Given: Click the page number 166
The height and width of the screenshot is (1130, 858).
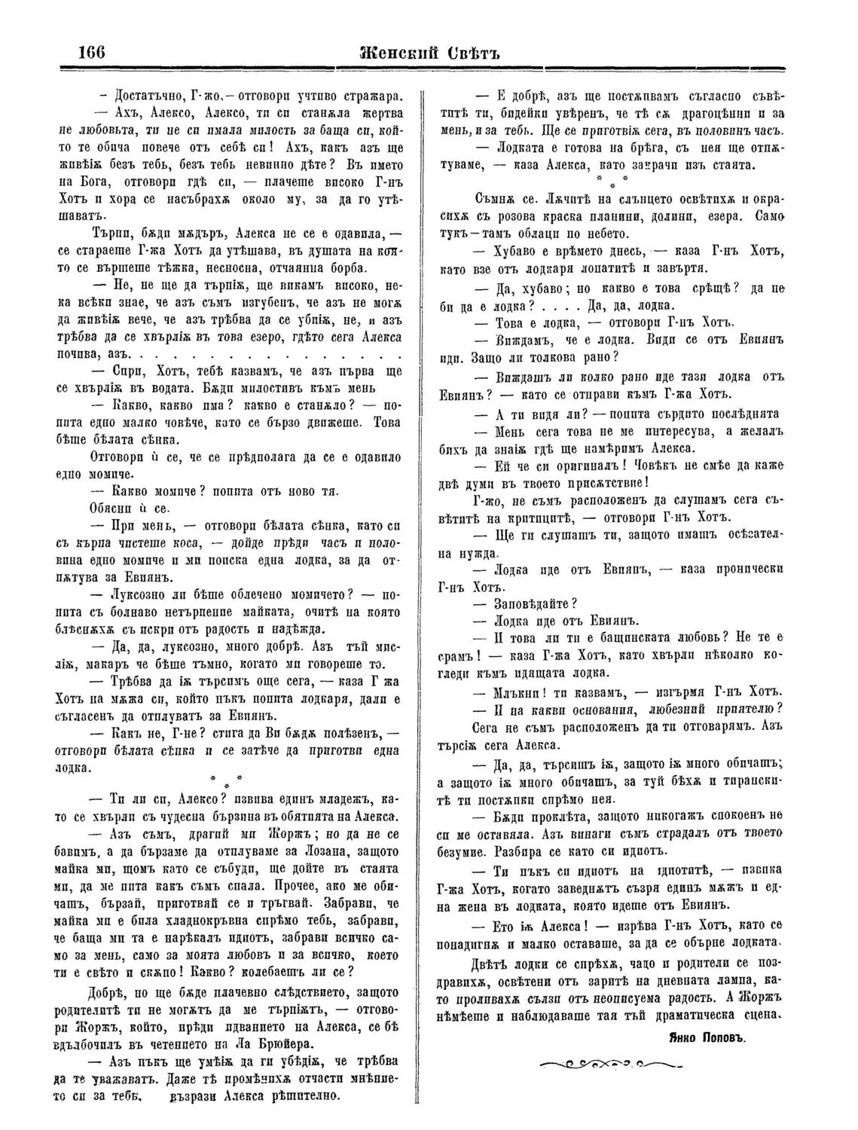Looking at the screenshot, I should click(90, 54).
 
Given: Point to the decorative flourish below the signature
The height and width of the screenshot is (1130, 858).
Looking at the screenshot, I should click(609, 1065).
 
